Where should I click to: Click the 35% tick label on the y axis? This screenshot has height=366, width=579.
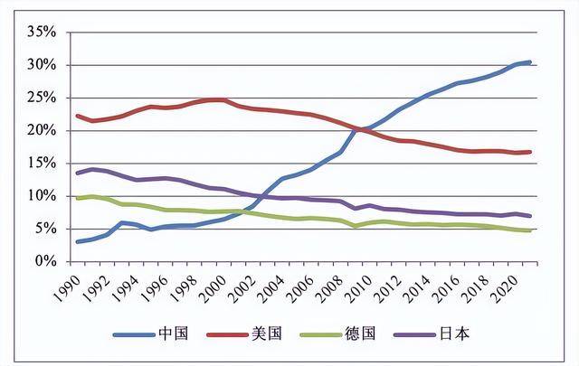point(42,33)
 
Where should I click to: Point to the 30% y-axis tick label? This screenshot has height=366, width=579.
point(42,65)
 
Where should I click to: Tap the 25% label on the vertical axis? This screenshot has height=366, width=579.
point(42,98)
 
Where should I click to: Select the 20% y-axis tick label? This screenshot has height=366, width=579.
point(42,130)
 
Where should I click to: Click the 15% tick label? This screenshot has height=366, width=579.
point(42,163)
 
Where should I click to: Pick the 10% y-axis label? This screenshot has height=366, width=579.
point(42,196)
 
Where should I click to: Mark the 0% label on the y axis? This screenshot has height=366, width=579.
point(45,261)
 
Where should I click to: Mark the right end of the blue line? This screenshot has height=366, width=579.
point(529,62)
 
